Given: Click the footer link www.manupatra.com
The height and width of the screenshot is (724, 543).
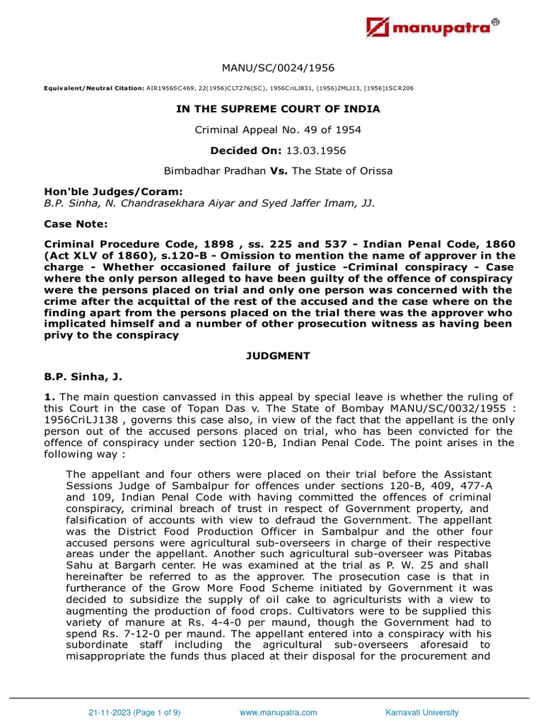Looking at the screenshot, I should tap(278, 712).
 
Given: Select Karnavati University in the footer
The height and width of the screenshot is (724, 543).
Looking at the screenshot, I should tap(421, 712).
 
